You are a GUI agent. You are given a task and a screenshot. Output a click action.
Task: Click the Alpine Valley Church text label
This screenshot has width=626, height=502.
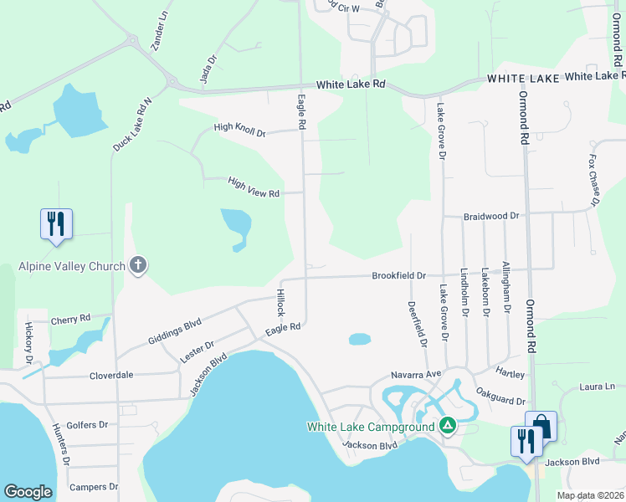click(71, 267)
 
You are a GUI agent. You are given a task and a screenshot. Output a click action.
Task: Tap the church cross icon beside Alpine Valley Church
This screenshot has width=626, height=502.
click(138, 266)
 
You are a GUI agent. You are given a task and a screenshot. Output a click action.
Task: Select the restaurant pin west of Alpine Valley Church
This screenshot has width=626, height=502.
click(56, 225)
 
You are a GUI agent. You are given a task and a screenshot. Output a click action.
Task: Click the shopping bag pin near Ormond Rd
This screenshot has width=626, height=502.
click(541, 427)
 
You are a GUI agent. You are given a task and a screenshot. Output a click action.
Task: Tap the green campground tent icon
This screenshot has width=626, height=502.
click(448, 426)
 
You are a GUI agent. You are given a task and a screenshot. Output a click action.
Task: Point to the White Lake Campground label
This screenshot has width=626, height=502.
click(371, 427)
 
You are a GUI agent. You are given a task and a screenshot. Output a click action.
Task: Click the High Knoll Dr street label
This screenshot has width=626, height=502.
click(239, 129)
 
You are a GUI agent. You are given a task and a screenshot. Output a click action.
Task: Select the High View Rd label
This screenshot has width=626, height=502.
click(253, 187)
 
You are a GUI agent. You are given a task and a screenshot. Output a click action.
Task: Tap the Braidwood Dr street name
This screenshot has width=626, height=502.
click(491, 216)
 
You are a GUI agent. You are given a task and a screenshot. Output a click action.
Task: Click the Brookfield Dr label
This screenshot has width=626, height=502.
click(399, 274)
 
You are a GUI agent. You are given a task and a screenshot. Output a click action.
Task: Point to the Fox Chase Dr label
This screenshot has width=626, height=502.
click(593, 179)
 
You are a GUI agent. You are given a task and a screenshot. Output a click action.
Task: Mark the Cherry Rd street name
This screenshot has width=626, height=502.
click(70, 319)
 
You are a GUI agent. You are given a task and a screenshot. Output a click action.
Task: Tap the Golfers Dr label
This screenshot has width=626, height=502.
click(87, 424)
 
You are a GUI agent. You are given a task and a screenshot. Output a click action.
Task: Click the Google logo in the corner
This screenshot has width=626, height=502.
click(28, 492)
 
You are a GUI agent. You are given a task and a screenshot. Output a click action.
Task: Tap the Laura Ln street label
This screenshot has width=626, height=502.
click(597, 387)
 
